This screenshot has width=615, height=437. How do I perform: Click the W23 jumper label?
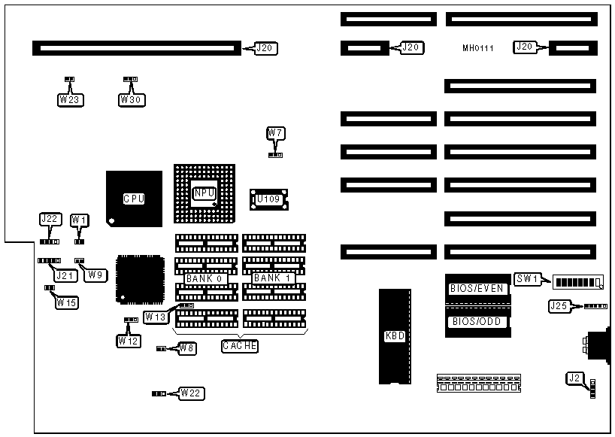(x=68, y=99)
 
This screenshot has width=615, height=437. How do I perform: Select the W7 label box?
(x=275, y=134)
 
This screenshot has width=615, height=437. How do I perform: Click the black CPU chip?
(x=134, y=199)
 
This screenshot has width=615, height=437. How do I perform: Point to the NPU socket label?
(x=203, y=193)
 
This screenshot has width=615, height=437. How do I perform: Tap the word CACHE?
(x=240, y=347)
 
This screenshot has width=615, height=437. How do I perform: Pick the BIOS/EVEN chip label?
(x=477, y=289)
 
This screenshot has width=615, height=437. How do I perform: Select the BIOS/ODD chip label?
(x=477, y=322)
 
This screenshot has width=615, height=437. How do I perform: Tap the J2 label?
(x=574, y=378)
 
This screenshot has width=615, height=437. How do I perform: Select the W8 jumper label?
(x=186, y=348)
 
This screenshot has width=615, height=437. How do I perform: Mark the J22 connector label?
(x=49, y=220)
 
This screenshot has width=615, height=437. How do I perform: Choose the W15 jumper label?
(x=67, y=303)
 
